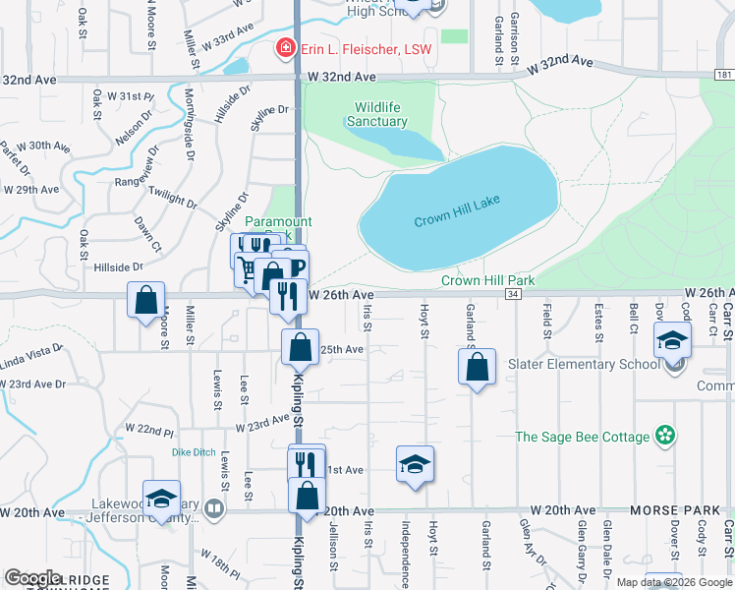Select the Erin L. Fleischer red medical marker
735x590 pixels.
(286, 46)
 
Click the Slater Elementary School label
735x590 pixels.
(585, 364)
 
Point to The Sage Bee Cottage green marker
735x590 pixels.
(666, 435)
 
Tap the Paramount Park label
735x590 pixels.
(277, 222)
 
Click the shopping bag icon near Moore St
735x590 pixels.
(145, 300)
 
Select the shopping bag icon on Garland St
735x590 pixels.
(477, 367)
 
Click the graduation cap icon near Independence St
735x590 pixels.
(416, 463)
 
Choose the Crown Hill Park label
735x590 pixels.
(487, 280)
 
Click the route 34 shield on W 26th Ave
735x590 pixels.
(513, 294)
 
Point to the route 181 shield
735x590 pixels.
(724, 75)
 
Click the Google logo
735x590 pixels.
(32, 578)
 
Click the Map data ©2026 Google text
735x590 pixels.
(673, 582)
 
